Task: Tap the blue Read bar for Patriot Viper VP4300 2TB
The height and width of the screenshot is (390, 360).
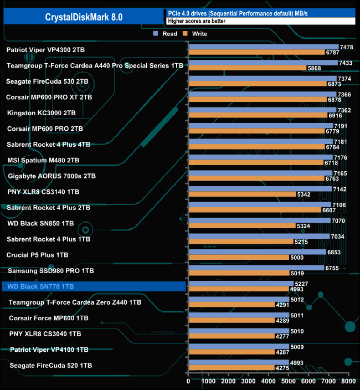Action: click(x=263, y=47)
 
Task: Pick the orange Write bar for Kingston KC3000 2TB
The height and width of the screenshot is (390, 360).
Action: click(x=258, y=115)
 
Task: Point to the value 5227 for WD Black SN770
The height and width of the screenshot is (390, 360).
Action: click(x=302, y=284)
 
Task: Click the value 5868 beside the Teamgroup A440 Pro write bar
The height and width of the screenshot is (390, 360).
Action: click(x=315, y=68)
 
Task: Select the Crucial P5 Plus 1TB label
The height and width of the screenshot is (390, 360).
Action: click(x=38, y=255)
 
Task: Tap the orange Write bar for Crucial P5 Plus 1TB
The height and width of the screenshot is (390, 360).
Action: click(x=239, y=258)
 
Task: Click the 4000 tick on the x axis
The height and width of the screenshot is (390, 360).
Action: click(x=268, y=381)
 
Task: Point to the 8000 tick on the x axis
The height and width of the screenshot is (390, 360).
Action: click(x=347, y=381)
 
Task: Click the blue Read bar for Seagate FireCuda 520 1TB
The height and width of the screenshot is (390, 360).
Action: click(x=238, y=362)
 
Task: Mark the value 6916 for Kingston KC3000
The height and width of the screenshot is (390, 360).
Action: click(x=336, y=115)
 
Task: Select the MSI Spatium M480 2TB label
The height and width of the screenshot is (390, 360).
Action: click(x=43, y=160)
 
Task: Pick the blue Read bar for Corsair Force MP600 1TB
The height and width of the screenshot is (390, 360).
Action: click(x=239, y=315)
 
